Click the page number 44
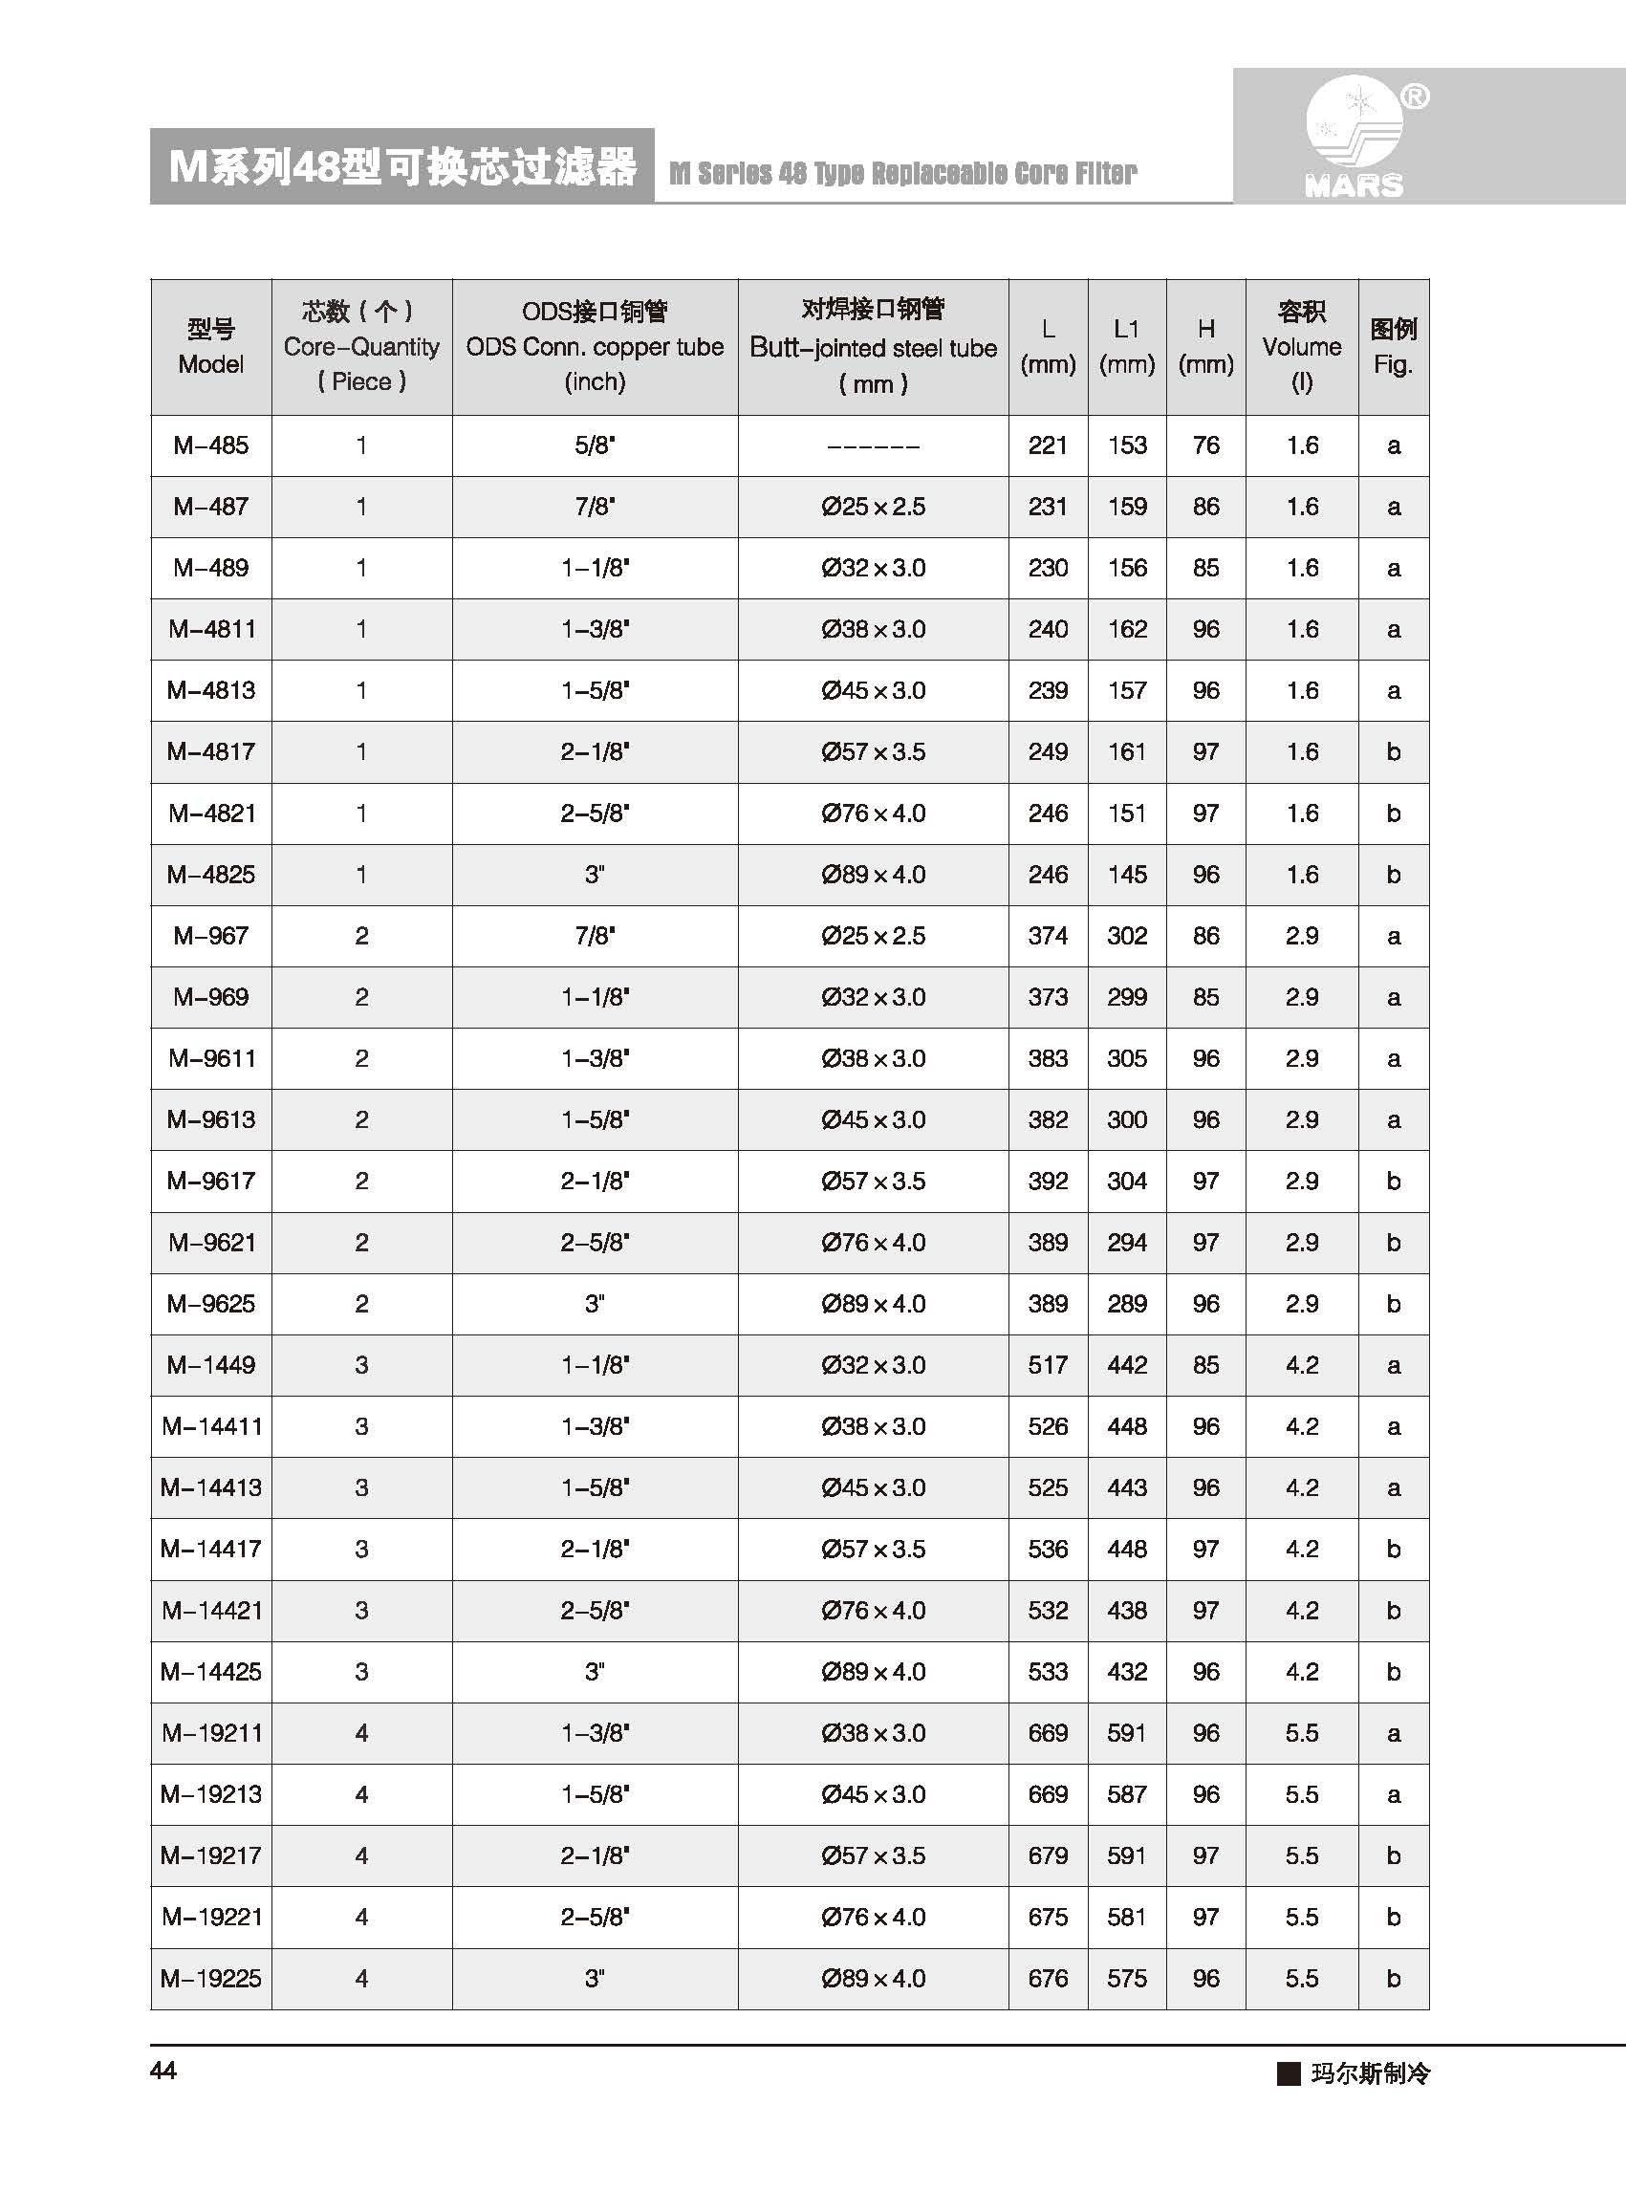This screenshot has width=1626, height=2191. coord(163,2070)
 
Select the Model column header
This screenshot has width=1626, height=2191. coord(210,346)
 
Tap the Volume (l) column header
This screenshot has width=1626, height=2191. coord(1301,346)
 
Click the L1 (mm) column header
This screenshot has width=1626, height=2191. coord(1126,346)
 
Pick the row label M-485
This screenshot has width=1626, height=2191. coord(210,445)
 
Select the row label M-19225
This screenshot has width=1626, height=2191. coord(210,1979)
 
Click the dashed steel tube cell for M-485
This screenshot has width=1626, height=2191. coord(873,446)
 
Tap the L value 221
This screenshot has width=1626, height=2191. coord(1048,445)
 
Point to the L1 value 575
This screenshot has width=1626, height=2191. coord(1126,1979)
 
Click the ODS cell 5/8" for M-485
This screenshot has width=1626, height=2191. coord(595,445)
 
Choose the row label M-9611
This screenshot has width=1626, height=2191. coord(210,1058)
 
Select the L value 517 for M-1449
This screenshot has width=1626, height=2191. coord(1048,1365)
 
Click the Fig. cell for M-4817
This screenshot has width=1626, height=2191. coord(1393,752)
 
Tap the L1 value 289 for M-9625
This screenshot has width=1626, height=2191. coord(1126,1303)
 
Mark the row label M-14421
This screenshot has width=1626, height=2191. coord(210,1611)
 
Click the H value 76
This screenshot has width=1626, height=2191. coord(1205,445)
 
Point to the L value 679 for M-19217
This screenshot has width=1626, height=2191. coord(1048,1855)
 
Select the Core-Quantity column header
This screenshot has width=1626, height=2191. coord(361,346)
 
